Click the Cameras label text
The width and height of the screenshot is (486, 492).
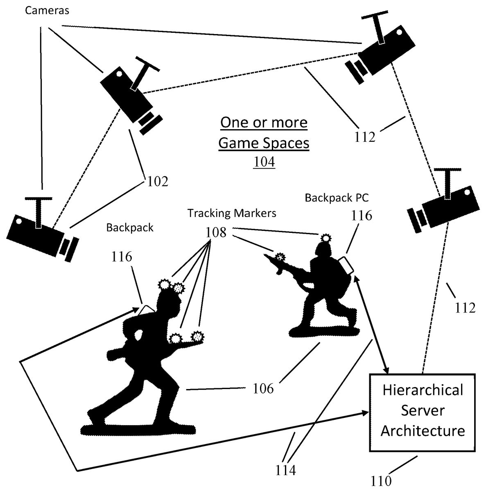pos(47,11)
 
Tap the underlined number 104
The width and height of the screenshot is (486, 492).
pos(264,162)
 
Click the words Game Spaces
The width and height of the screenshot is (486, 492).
pos(264,143)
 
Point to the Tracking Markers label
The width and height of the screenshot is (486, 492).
pos(232,213)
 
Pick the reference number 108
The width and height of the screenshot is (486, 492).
pos(216,232)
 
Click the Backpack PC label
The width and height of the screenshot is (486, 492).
pos(337,198)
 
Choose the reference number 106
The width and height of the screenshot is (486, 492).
pos(263,388)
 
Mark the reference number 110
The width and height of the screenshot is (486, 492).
pos(381,480)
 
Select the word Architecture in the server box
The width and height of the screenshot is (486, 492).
pos(423,431)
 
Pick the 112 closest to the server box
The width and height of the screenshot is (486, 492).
pos(465,307)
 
